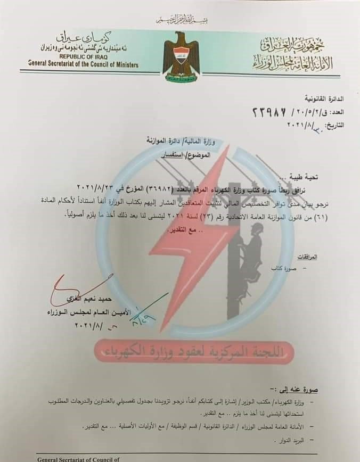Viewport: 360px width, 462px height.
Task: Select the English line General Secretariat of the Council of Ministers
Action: pos(84,64)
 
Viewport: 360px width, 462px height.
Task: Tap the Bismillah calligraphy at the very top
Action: pos(180,21)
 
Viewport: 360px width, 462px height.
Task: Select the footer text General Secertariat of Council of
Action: pos(78,458)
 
